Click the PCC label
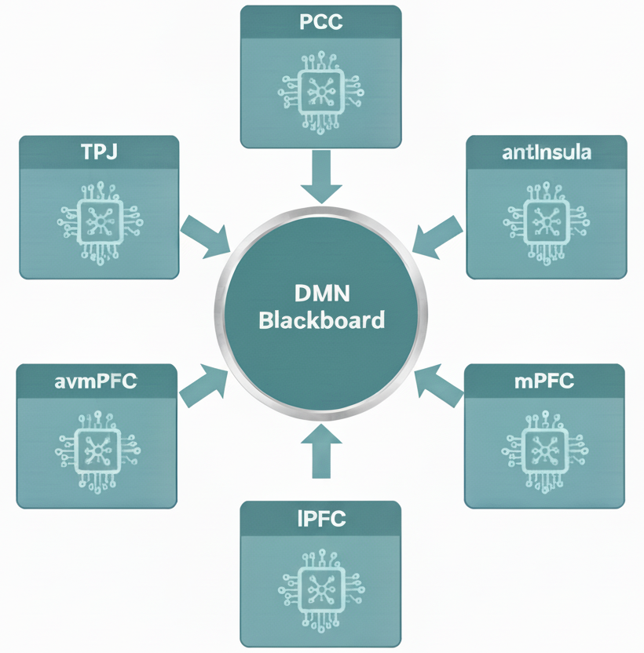(x=320, y=22)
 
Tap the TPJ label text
(x=99, y=152)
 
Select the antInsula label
(x=547, y=152)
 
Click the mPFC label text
(x=544, y=381)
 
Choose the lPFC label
(x=320, y=518)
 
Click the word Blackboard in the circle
(x=322, y=320)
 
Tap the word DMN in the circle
(x=322, y=294)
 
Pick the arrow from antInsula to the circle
(x=437, y=235)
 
